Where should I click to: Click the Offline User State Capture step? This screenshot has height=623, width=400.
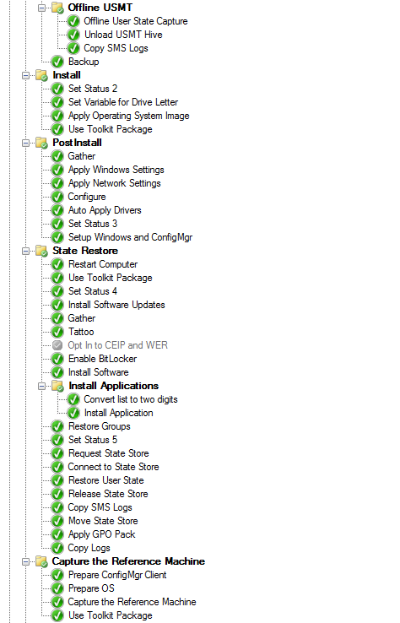[136, 21]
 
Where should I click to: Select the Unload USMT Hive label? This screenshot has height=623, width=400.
[123, 35]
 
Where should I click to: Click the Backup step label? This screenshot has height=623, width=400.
[84, 62]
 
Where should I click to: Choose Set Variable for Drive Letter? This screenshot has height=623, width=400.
[123, 102]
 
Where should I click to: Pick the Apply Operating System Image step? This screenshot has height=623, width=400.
[129, 116]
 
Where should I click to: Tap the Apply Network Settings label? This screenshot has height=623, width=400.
[115, 183]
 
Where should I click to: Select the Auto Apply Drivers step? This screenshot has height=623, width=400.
[105, 210]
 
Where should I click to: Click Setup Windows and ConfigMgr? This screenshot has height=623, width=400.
[130, 237]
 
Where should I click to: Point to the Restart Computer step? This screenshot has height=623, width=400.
[103, 264]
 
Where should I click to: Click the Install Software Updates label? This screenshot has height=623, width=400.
[116, 305]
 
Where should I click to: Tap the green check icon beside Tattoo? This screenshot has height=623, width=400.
[57, 332]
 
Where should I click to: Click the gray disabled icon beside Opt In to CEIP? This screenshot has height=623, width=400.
[57, 345]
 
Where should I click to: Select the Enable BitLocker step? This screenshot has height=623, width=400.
[102, 359]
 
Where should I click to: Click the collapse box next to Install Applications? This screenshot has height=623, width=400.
[41, 386]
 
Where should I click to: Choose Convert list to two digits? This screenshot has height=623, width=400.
[131, 399]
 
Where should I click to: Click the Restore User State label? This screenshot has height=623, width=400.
[106, 480]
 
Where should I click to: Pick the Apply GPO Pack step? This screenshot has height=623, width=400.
[102, 534]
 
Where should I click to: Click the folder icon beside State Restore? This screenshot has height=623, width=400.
[41, 251]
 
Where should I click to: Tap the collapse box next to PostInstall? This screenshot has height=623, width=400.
[26, 143]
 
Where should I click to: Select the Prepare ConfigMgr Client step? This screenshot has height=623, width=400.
[117, 575]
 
